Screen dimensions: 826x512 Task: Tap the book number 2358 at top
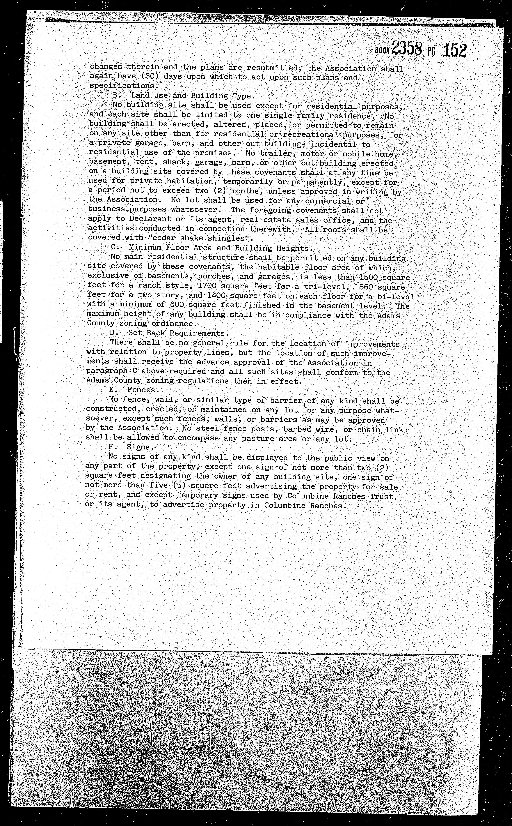(406, 48)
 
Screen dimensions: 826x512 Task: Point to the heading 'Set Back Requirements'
(176, 333)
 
